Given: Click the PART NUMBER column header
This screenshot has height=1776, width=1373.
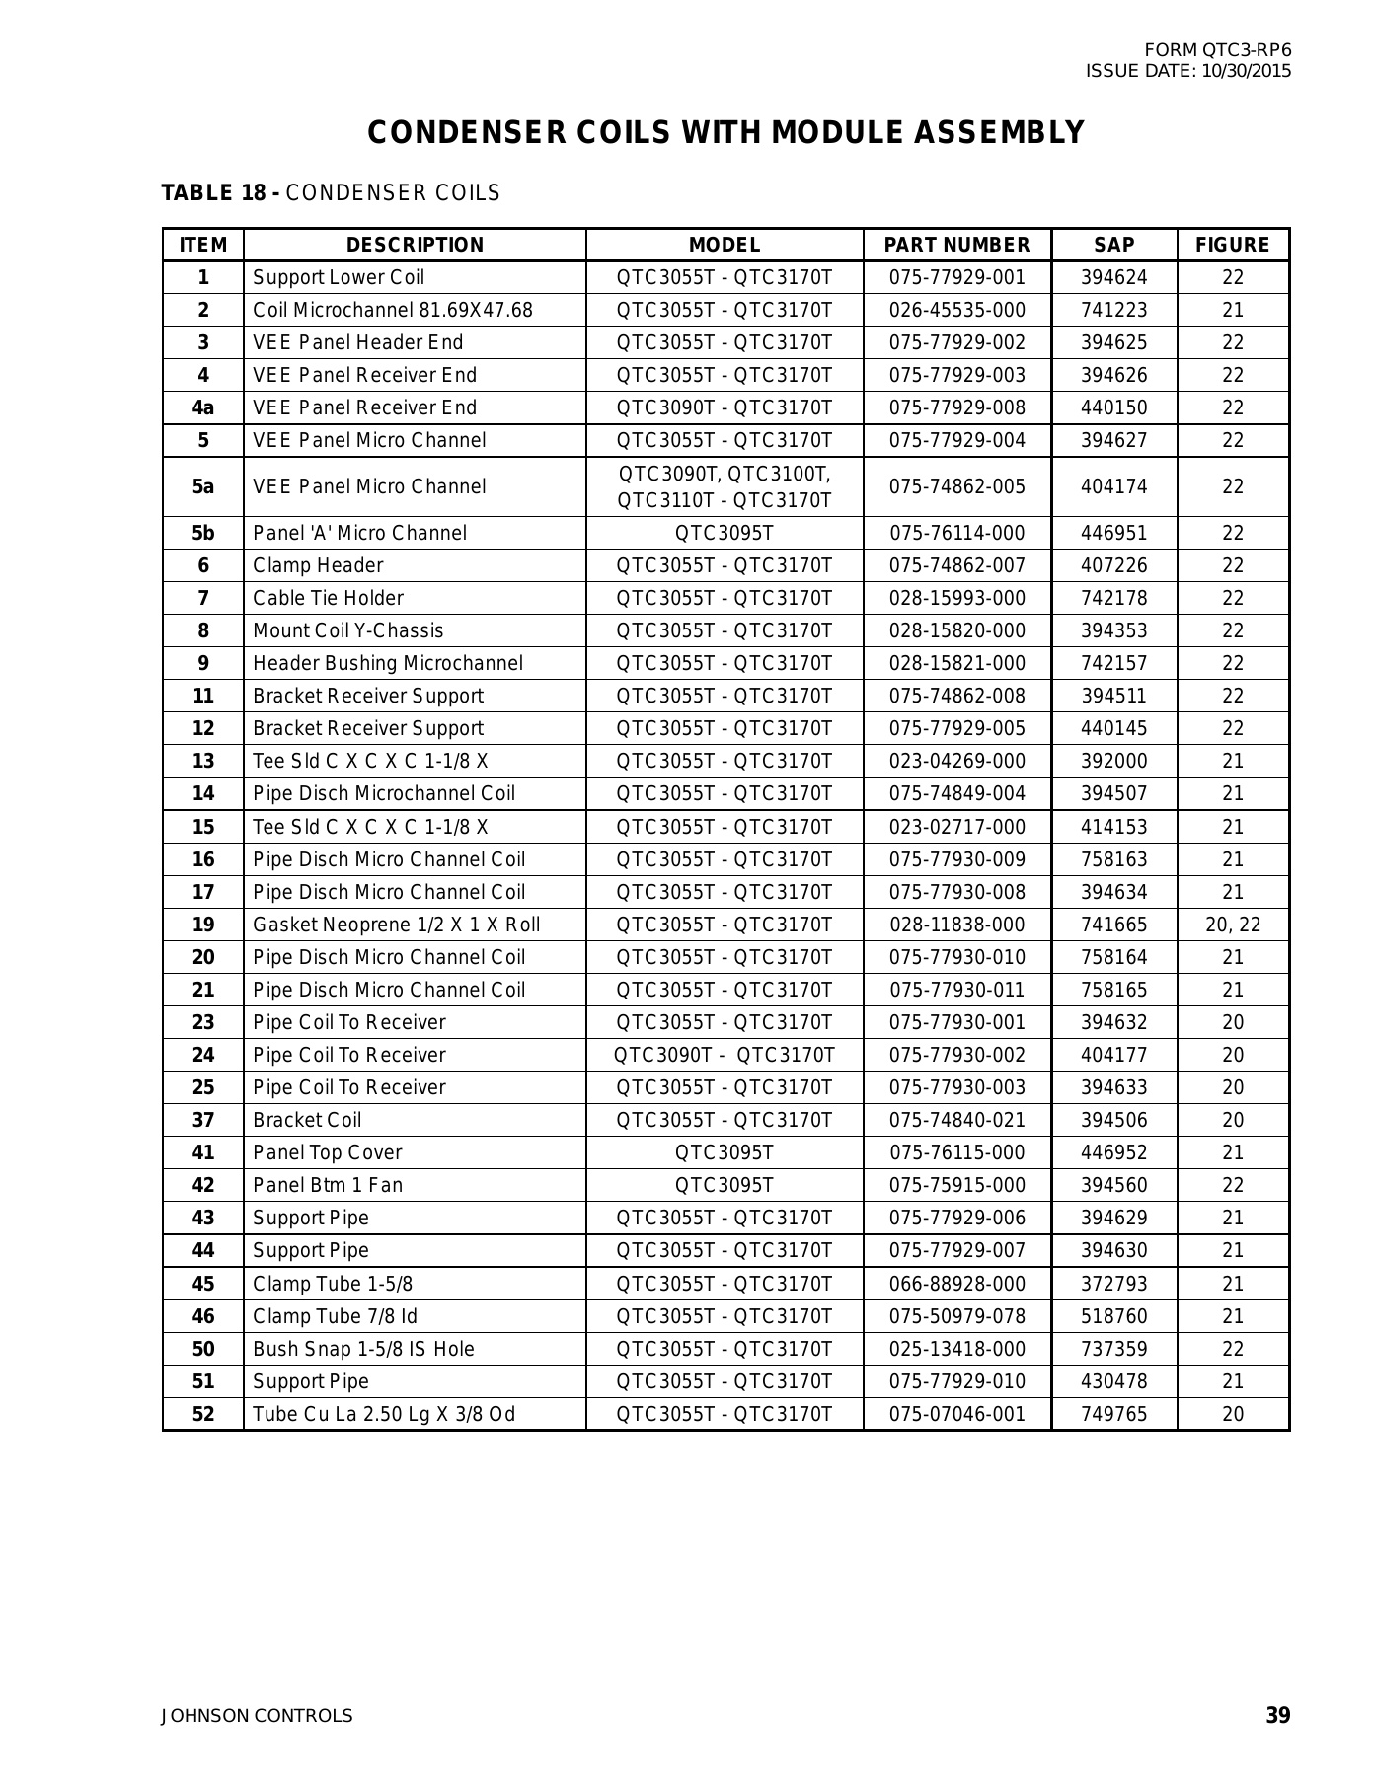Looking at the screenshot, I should point(955,245).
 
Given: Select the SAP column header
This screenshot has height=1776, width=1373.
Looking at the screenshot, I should point(1113,245).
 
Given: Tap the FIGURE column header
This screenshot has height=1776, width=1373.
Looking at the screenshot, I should point(1232,245).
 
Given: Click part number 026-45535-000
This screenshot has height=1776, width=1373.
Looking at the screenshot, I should point(956,310).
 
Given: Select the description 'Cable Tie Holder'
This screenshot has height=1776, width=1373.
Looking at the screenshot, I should point(328,598).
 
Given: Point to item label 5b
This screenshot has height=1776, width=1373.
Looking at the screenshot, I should point(202,533).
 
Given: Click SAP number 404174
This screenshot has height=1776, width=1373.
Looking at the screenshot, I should point(1113,486).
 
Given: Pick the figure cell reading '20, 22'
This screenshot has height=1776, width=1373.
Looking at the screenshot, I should point(1232,925).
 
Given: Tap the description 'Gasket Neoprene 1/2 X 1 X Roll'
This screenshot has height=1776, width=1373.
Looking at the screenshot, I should point(396,925).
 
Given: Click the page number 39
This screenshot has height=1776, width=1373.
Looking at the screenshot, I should point(1277,1716).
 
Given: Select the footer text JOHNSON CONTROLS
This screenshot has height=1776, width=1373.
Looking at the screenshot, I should point(257,1716).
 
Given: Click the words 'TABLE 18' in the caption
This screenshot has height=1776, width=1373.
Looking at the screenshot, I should point(213,193).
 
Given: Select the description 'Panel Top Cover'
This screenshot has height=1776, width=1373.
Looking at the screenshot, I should point(327,1152).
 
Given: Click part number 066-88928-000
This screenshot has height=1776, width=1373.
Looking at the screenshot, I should point(956,1284).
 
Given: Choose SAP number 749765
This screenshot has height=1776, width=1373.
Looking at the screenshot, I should point(1113,1414).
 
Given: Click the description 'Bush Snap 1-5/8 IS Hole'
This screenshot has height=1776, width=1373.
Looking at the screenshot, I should point(363,1349).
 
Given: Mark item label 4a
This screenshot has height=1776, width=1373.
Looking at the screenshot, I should point(202,407).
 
